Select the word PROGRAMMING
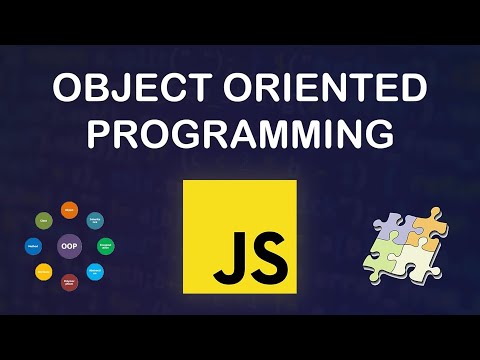tap(240, 134)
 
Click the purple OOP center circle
tap(70, 245)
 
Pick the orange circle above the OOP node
tap(70, 210)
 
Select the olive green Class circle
tap(44, 220)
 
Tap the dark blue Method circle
tap(33, 245)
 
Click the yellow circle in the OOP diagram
tap(44, 271)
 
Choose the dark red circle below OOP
tap(70, 281)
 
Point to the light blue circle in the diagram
tap(95, 271)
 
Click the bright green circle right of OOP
tap(106, 245)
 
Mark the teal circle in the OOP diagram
tap(95, 220)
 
